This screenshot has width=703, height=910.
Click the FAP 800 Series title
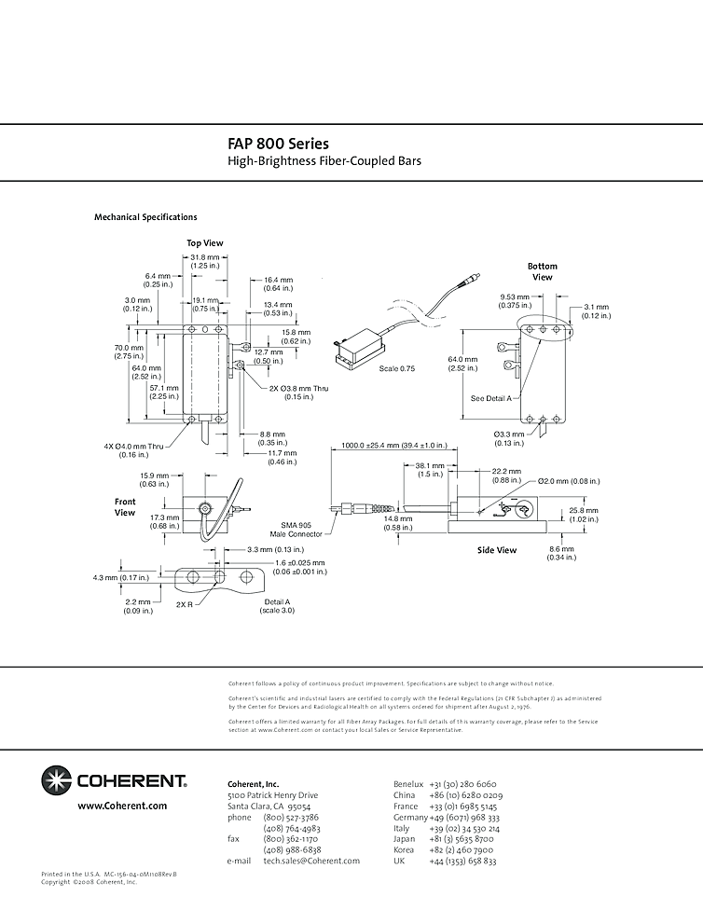[278, 145]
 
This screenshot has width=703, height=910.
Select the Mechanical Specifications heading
[145, 217]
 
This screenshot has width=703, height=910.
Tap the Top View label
[205, 243]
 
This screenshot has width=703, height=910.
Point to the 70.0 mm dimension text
[129, 348]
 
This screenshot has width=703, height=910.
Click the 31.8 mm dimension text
[205, 257]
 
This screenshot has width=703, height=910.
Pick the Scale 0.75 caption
[397, 368]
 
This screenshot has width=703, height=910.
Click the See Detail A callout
[491, 398]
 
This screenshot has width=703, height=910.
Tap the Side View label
[497, 550]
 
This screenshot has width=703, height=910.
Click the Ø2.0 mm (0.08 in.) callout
[569, 481]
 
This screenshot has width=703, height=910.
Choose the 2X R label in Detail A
[185, 604]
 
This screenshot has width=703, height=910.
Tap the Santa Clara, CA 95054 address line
[269, 780]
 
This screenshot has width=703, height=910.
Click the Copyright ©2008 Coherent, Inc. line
[90, 881]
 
